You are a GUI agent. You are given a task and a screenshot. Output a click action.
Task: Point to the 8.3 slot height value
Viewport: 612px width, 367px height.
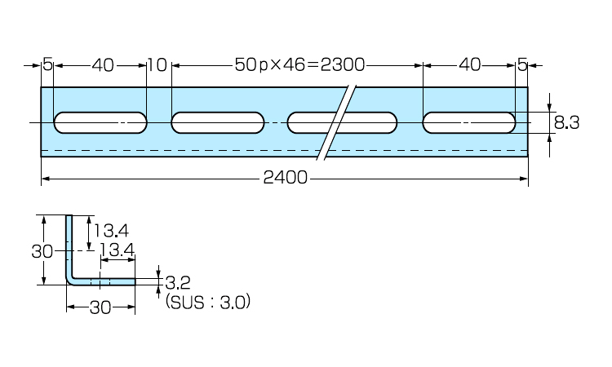pyautogui.click(x=566, y=123)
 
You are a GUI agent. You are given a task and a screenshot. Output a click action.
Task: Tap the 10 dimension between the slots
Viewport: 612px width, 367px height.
pyautogui.click(x=157, y=64)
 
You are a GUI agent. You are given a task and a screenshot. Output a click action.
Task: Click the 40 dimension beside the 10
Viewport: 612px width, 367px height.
pyautogui.click(x=103, y=64)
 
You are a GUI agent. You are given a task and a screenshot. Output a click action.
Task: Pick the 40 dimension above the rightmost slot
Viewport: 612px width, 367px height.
pyautogui.click(x=470, y=64)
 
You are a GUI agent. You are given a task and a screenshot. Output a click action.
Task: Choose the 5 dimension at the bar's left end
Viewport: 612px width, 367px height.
pyautogui.click(x=47, y=64)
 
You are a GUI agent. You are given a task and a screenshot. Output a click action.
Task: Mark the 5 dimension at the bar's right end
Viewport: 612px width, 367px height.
pyautogui.click(x=522, y=64)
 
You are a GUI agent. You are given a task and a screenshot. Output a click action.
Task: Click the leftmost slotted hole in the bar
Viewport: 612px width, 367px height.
pyautogui.click(x=100, y=123)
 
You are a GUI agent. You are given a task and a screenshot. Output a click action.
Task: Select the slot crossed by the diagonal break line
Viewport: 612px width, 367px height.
pyautogui.click(x=343, y=123)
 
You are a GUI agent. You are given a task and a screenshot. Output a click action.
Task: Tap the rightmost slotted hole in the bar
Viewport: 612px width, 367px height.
pyautogui.click(x=470, y=123)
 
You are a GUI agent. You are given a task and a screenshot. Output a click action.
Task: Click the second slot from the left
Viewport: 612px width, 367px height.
pyautogui.click(x=218, y=123)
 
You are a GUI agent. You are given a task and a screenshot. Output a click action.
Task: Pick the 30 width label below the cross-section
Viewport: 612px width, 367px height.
pyautogui.click(x=100, y=307)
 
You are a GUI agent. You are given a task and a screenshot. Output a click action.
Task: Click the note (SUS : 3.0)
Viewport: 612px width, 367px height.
pyautogui.click(x=207, y=302)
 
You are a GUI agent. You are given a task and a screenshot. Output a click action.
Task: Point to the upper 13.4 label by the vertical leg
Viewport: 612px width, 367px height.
pyautogui.click(x=111, y=232)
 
